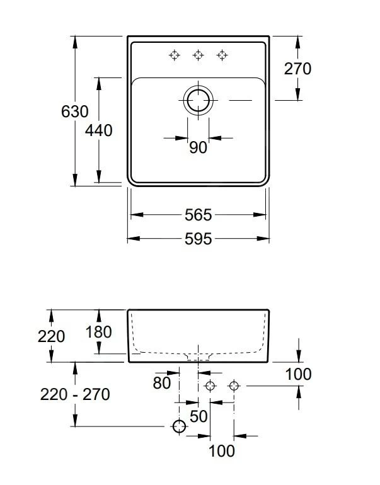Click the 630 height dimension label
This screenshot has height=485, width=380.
[74, 112]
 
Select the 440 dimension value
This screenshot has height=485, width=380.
[99, 130]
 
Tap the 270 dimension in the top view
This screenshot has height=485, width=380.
[297, 68]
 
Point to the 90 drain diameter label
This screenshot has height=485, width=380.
[198, 147]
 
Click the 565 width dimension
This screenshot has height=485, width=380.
[198, 215]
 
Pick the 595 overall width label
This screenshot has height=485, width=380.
[198, 239]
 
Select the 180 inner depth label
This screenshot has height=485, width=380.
[98, 332]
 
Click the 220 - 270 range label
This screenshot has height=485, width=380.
[75, 395]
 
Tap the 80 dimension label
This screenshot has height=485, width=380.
[162, 382]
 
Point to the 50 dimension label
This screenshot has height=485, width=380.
[199, 416]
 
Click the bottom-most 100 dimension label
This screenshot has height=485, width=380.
[221, 451]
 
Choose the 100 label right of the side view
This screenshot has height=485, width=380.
[298, 374]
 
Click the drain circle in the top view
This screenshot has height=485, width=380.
[198, 100]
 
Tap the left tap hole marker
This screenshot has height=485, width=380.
[175, 55]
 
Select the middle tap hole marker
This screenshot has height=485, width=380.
[198, 55]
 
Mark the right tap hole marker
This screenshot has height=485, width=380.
[222, 55]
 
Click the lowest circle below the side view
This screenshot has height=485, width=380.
[180, 427]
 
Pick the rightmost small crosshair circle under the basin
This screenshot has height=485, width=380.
[234, 386]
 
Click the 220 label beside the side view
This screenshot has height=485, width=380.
[51, 336]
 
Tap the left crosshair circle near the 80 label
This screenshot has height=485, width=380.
[210, 386]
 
